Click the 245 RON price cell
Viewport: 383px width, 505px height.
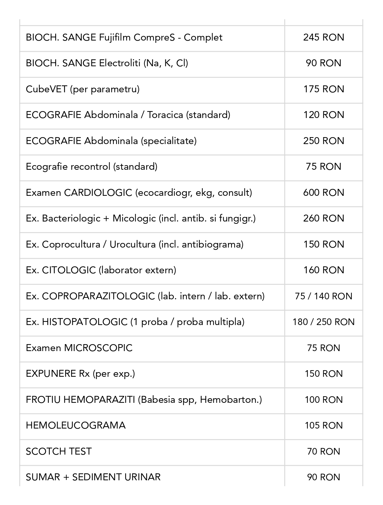click(x=323, y=37)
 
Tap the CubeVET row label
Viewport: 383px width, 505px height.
click(x=82, y=89)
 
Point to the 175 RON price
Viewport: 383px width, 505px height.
click(x=323, y=89)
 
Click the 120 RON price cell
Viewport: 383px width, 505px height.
click(x=323, y=115)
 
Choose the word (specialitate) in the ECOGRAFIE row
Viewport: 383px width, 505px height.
click(x=169, y=141)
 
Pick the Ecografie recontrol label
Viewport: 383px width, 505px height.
click(x=91, y=166)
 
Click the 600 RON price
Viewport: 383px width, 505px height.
click(x=323, y=193)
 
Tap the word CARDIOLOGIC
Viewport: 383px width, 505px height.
click(x=98, y=193)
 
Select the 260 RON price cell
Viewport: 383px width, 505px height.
click(x=323, y=218)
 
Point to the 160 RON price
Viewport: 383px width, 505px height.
click(x=323, y=270)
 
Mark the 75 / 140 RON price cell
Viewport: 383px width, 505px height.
click(x=323, y=296)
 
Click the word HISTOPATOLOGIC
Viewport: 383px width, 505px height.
click(x=85, y=322)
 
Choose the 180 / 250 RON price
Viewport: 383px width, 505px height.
click(x=323, y=322)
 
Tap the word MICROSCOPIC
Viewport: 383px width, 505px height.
click(x=98, y=348)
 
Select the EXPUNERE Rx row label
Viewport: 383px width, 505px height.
click(x=80, y=373)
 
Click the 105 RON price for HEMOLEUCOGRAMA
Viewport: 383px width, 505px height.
click(x=323, y=425)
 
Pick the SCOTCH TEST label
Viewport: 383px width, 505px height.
click(x=58, y=451)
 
